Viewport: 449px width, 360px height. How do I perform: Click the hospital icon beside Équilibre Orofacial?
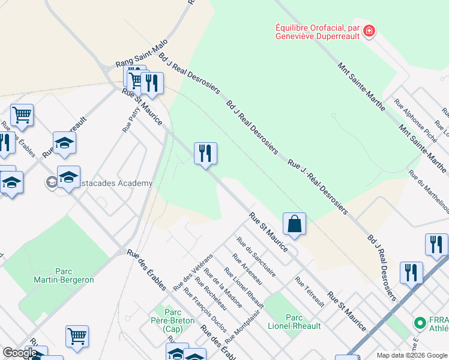369,30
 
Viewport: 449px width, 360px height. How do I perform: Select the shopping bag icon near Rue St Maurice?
294,224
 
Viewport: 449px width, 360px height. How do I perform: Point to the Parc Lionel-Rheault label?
303,322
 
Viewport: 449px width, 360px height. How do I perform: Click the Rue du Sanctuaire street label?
256,257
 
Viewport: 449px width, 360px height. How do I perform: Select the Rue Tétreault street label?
310,292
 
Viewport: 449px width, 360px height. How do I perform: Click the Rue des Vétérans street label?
193,272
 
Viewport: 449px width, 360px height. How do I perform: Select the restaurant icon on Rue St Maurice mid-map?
205,153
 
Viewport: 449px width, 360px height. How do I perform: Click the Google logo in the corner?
19,353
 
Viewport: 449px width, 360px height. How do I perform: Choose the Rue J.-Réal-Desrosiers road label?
318,187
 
